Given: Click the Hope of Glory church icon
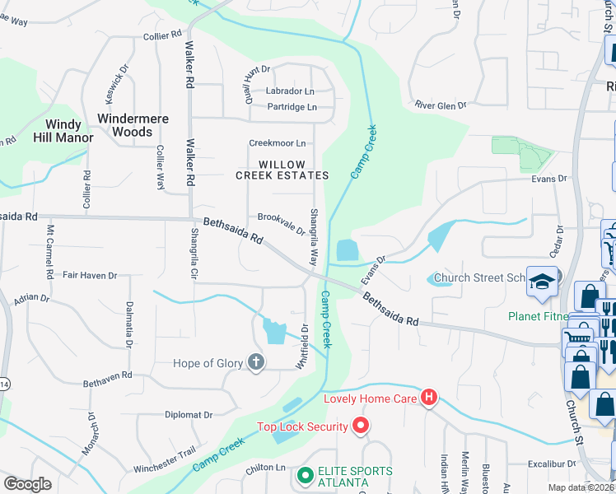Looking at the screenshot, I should pyautogui.click(x=256, y=361).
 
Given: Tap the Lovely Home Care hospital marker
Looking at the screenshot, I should pyautogui.click(x=428, y=398).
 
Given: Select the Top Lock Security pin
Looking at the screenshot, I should pyautogui.click(x=360, y=426).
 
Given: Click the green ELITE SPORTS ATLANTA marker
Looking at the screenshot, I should pyautogui.click(x=305, y=475).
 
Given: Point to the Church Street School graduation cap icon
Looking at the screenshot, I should pyautogui.click(x=543, y=282).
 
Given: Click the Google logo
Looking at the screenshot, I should pyautogui.click(x=27, y=484).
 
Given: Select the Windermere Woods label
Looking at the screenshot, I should pyautogui.click(x=133, y=125).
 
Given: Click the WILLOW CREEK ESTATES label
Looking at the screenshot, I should pyautogui.click(x=282, y=170).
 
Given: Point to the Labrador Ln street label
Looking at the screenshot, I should pyautogui.click(x=289, y=91).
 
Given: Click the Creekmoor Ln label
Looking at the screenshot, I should pyautogui.click(x=278, y=143).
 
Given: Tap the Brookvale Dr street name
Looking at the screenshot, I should pyautogui.click(x=282, y=223).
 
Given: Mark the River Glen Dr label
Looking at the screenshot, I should pyautogui.click(x=441, y=105).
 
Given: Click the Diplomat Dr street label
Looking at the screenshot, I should pyautogui.click(x=189, y=415).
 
